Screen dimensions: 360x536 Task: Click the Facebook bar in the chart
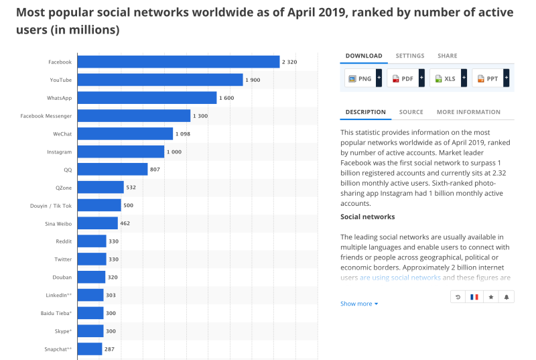(178, 62)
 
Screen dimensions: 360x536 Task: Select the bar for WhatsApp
(147, 98)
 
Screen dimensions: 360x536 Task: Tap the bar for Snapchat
(90, 349)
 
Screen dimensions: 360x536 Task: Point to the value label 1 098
(184, 134)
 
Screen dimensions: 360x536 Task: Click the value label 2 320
(289, 62)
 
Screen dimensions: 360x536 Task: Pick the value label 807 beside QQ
(155, 170)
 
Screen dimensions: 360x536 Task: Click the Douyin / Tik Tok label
(51, 205)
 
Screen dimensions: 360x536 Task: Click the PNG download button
(360, 78)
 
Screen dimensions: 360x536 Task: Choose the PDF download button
(403, 78)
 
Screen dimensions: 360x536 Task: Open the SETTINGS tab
(409, 56)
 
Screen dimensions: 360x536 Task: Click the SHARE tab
(447, 56)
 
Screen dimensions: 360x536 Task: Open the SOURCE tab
(411, 112)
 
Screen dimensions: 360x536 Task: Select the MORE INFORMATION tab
(468, 112)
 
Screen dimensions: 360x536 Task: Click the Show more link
(359, 304)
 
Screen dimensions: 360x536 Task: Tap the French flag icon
(474, 296)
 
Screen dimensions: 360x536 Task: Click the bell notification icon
(506, 296)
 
